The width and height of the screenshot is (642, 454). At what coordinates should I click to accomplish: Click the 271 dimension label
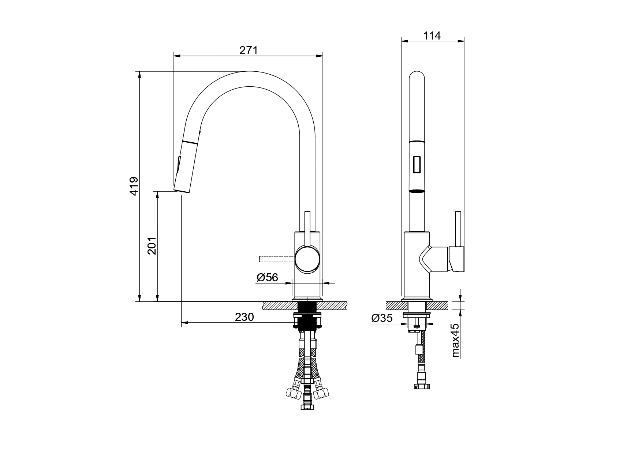pos(249,50)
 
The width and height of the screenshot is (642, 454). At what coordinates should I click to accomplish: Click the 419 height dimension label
pos(134,186)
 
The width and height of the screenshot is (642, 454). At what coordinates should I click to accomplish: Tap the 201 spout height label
pos(152,246)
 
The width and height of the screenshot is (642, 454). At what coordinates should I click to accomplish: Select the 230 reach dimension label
pos(244,317)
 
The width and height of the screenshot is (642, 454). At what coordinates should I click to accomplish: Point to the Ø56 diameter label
pos(267,278)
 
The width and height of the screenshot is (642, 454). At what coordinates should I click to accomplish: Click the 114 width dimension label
pos(432,35)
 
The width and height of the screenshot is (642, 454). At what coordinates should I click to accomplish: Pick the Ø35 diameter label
pos(382,318)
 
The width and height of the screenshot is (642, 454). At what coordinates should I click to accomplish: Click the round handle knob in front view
pos(307,259)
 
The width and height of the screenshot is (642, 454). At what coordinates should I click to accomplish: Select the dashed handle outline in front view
pos(277,259)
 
